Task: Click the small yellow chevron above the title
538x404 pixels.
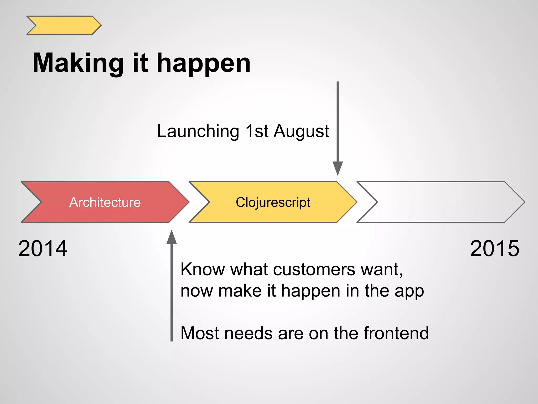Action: point(64,25)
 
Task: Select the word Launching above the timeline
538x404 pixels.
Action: point(198,131)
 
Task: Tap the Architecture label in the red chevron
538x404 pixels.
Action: point(105,202)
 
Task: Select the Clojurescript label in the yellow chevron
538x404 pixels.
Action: point(273,202)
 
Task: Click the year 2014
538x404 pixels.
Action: point(43,249)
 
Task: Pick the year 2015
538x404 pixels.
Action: point(495,249)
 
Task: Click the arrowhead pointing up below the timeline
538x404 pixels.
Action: point(172,237)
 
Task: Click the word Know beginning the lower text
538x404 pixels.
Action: point(203,270)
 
